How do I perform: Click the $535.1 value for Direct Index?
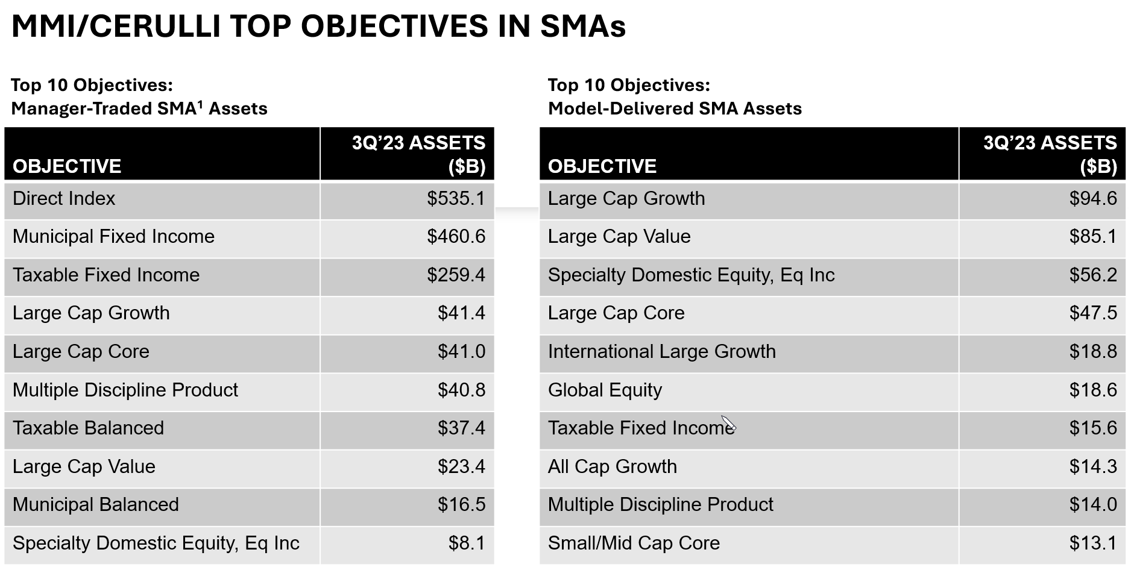pyautogui.click(x=456, y=199)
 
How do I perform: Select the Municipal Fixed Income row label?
pyautogui.click(x=113, y=237)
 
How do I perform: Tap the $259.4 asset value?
pyautogui.click(x=456, y=275)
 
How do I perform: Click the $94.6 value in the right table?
pyautogui.click(x=1092, y=199)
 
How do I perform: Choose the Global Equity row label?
pyautogui.click(x=605, y=390)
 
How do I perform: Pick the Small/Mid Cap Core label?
pyautogui.click(x=634, y=543)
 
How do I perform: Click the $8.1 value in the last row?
pyautogui.click(x=467, y=543)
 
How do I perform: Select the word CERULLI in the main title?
pyautogui.click(x=157, y=27)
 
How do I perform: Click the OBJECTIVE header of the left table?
pyautogui.click(x=67, y=166)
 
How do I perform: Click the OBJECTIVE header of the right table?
pyautogui.click(x=602, y=166)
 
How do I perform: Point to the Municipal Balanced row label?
pyautogui.click(x=96, y=505)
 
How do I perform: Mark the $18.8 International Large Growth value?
pyautogui.click(x=1092, y=352)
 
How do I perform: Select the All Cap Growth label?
pyautogui.click(x=612, y=467)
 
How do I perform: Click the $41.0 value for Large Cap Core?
pyautogui.click(x=461, y=352)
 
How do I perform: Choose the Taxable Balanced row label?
pyautogui.click(x=88, y=428)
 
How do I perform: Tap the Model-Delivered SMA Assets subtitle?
pyautogui.click(x=675, y=109)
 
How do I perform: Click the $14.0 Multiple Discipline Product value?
pyautogui.click(x=1092, y=505)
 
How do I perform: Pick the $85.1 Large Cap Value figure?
pyautogui.click(x=1092, y=237)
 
